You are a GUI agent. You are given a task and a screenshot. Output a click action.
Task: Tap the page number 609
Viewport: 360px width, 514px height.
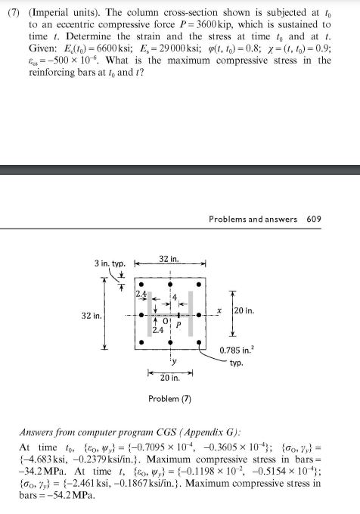[314, 220]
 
